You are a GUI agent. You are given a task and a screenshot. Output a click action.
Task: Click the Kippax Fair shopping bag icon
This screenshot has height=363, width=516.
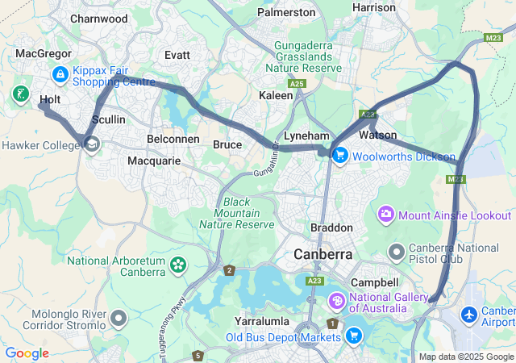point(60,75)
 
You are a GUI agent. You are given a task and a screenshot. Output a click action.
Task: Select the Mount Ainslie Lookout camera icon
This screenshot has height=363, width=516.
point(386,215)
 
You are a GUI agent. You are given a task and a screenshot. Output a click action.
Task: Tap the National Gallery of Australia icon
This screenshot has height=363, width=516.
point(335,302)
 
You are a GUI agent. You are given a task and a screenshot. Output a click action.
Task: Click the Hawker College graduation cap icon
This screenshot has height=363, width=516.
point(91,144)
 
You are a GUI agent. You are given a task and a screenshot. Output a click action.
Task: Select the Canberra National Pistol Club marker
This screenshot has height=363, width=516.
point(396,252)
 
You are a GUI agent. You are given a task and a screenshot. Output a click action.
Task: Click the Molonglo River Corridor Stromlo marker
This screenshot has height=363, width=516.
point(119,319)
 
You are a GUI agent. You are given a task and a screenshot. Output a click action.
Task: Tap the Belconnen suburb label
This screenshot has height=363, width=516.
point(173,139)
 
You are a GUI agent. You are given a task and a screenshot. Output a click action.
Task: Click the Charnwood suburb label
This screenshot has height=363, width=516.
point(99,18)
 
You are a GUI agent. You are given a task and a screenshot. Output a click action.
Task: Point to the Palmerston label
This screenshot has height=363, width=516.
point(286,12)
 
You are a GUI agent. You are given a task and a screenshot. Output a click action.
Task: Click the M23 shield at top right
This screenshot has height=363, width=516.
point(494,38)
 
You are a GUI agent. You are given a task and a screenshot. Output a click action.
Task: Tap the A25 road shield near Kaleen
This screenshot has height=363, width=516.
point(298,83)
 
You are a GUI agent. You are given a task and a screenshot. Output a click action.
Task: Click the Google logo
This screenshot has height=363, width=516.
point(27,353)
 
